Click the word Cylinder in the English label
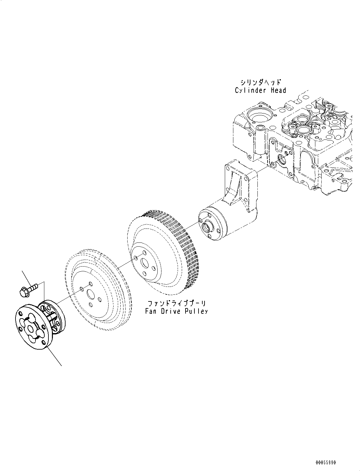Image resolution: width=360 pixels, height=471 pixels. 250,90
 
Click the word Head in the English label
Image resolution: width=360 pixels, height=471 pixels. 278,90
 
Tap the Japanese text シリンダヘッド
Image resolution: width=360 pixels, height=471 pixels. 260,82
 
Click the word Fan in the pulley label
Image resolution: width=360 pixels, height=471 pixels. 151,311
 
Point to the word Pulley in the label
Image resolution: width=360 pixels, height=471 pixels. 197,311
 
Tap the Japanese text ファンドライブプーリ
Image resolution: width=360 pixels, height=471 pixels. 176,303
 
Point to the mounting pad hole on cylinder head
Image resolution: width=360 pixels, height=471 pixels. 281,158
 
